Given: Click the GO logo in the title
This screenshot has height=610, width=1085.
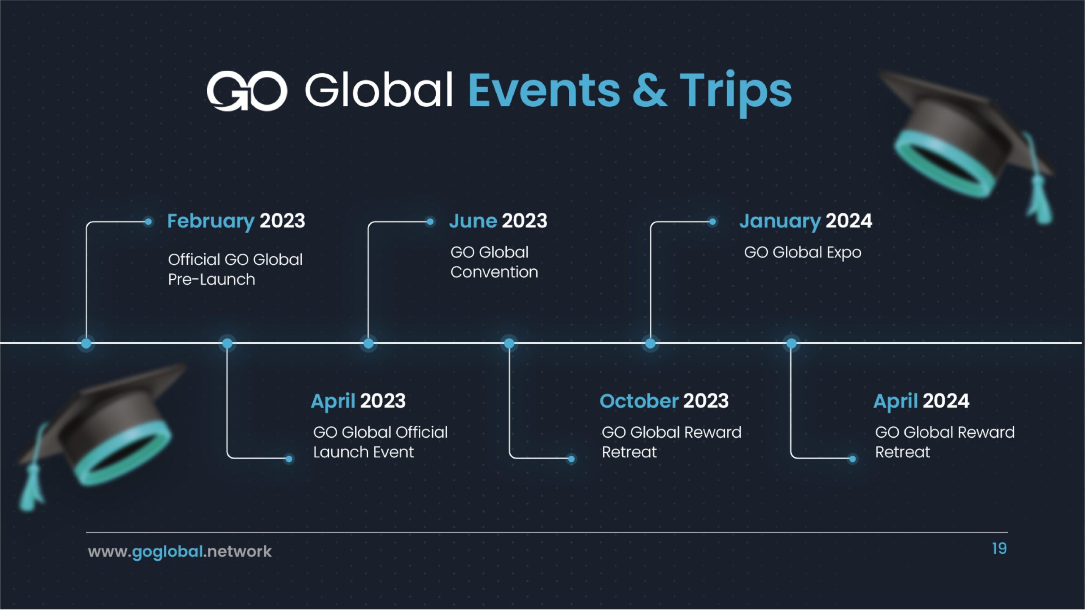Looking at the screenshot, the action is (x=247, y=91).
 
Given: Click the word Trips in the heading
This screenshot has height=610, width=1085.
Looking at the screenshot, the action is (x=736, y=92).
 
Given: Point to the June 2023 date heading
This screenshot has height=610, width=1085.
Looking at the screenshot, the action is (x=498, y=221).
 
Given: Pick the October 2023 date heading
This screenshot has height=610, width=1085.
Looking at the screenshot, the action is (x=664, y=401).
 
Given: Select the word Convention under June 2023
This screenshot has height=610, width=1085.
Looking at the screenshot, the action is (x=494, y=272).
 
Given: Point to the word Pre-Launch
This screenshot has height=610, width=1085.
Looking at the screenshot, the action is (x=211, y=280).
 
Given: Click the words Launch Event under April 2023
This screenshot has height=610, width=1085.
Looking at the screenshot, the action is (x=363, y=452).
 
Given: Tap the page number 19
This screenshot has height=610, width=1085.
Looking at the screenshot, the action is (x=999, y=549).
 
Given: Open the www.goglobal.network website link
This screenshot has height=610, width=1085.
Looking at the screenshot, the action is (x=180, y=552).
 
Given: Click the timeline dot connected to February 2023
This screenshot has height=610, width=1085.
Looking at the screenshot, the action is (x=86, y=343).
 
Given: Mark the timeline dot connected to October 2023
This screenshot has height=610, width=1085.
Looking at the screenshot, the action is (x=509, y=343).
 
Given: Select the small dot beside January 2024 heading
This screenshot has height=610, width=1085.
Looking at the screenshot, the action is (x=712, y=221).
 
